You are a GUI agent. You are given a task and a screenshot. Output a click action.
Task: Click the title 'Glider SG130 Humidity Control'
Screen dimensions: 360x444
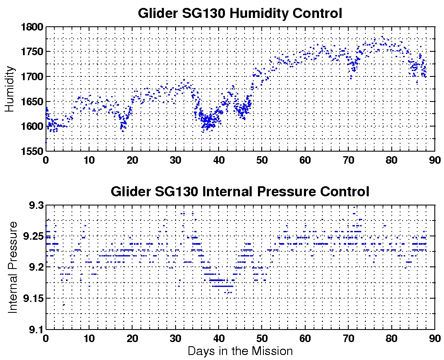click(240, 13)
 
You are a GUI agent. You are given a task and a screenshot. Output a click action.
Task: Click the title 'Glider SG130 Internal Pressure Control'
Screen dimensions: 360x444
click(240, 192)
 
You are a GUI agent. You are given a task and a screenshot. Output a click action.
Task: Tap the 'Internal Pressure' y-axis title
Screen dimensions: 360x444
click(13, 267)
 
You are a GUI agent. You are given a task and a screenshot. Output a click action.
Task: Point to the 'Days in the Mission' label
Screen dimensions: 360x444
click(240, 351)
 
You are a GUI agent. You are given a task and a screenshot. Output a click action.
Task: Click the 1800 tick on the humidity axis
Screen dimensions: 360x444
click(32, 27)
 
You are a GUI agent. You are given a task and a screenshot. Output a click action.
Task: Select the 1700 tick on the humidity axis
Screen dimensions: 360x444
click(32, 77)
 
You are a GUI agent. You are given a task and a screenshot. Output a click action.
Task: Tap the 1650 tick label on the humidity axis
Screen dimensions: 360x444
click(32, 101)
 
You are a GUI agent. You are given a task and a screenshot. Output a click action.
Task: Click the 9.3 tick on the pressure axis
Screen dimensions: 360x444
click(36, 205)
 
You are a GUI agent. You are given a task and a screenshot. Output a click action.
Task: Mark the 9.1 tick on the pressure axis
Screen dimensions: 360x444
click(36, 330)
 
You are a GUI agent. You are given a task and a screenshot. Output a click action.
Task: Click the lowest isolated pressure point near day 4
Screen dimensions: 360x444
click(64, 305)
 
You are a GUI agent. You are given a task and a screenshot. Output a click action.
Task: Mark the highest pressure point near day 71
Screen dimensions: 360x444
click(354, 207)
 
